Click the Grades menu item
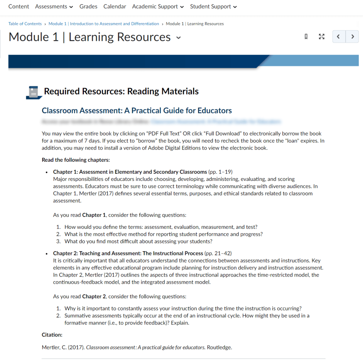pos(88,6)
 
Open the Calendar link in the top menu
pos(115,6)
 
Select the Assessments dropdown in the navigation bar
pos(54,6)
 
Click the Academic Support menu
pos(158,6)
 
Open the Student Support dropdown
pos(213,6)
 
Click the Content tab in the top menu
pos(19,6)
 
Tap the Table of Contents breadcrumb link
pos(25,24)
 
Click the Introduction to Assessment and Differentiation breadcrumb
pos(104,24)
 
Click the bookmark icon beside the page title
pos(306,37)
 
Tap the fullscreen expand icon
pos(321,37)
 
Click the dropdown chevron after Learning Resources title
pos(178,38)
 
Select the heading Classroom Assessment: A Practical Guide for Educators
pos(137,111)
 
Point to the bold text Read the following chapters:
pos(76,160)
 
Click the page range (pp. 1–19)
pos(220,172)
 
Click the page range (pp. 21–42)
pos(218,253)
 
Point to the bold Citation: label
pos(52,335)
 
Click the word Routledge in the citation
pos(219,348)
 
